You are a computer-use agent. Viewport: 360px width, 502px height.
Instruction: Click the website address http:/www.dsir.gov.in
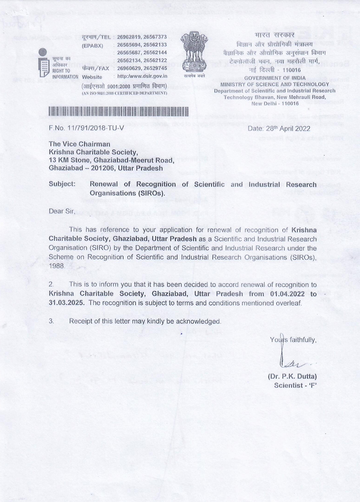(142, 77)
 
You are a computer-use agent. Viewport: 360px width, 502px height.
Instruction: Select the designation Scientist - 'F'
(295, 385)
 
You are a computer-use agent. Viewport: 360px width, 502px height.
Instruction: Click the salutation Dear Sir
(62, 211)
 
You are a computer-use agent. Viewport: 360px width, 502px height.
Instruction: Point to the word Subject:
(62, 184)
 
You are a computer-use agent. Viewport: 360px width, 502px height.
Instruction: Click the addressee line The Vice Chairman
(79, 144)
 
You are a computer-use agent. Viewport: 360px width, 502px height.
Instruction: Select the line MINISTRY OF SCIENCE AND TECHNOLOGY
(275, 85)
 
